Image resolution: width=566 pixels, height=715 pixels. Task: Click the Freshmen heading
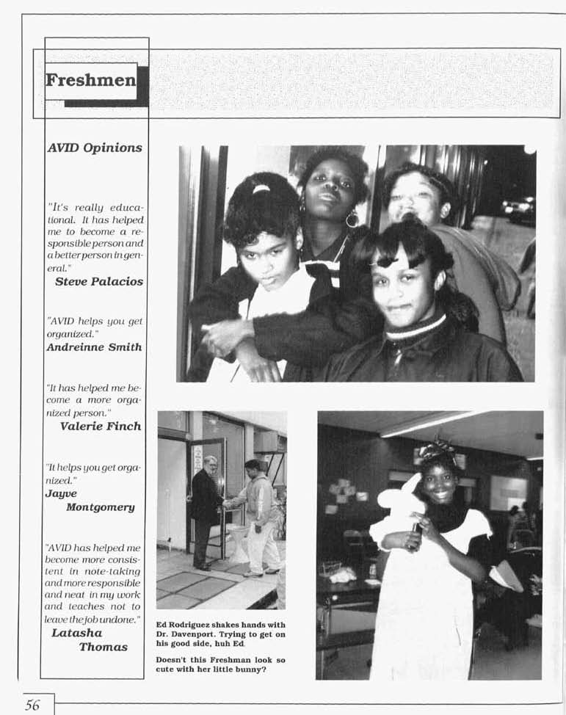click(x=90, y=80)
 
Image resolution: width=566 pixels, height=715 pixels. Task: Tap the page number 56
click(x=32, y=705)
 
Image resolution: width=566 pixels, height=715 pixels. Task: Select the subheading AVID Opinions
click(x=94, y=148)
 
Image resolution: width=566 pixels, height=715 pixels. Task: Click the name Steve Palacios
click(x=99, y=281)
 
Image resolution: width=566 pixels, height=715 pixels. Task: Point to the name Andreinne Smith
click(x=94, y=346)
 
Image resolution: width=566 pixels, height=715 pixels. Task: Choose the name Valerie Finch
click(x=101, y=426)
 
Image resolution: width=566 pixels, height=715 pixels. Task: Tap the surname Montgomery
click(x=102, y=507)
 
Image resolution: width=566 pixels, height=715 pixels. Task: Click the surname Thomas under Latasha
click(x=104, y=647)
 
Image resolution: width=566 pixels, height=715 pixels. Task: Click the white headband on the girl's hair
click(x=261, y=189)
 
